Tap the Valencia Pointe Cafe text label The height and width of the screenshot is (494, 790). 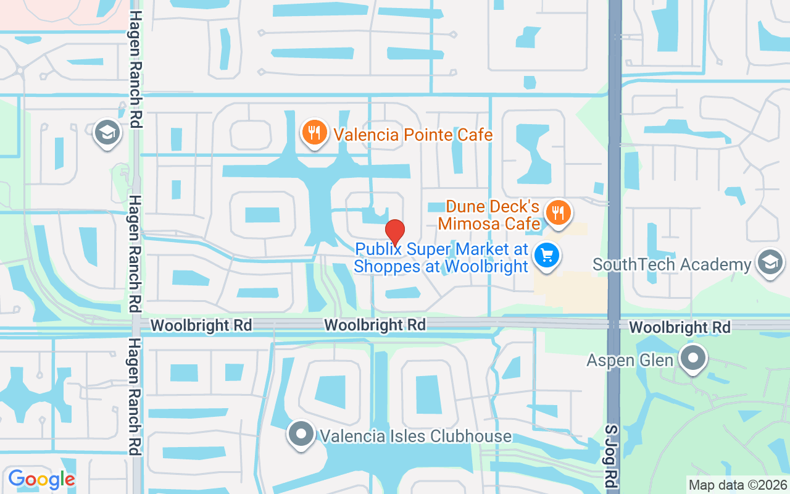413,135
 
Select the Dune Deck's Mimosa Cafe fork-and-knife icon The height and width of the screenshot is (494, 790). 559,213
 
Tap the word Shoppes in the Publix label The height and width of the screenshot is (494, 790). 386,266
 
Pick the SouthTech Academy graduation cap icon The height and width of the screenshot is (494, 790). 770,262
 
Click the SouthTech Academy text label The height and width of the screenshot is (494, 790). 671,265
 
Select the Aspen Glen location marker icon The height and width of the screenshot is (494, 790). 693,358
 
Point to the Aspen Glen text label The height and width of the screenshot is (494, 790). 630,359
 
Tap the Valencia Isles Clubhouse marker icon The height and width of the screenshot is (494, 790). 301,434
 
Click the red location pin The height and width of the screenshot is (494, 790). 395,232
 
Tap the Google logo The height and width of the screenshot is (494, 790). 41,479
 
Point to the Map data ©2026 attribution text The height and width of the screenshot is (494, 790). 737,485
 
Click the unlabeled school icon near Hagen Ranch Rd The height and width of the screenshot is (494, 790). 107,133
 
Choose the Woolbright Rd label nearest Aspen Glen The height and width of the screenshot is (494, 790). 680,327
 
